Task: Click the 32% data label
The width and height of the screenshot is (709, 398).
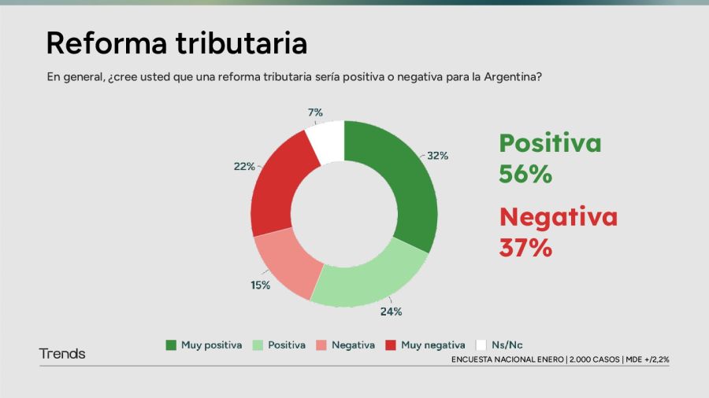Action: (438, 156)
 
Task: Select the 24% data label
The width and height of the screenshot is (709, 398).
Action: (392, 311)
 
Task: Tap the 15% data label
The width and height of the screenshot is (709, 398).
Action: (260, 286)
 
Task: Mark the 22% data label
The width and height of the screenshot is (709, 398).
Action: (243, 166)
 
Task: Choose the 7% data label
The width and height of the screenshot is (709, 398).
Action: (315, 112)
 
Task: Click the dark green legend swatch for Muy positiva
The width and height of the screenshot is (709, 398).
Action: (171, 345)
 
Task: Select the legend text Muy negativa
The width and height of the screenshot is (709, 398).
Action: (432, 345)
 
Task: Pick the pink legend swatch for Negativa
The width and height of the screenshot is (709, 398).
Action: (321, 345)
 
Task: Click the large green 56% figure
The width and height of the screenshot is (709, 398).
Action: (525, 174)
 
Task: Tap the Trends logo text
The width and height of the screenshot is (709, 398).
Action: (62, 354)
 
